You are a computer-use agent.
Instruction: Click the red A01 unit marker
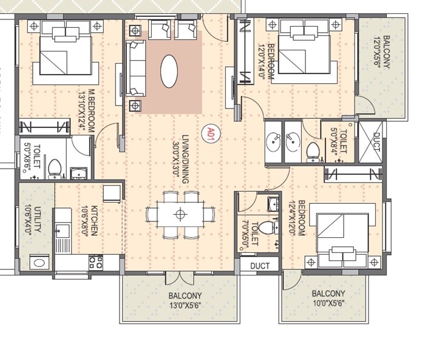point(211,133)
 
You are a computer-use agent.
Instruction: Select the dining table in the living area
point(180,214)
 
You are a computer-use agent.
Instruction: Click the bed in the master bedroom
point(66,53)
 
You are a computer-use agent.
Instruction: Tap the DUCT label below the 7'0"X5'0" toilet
point(259,265)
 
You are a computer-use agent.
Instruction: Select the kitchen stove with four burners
point(96,262)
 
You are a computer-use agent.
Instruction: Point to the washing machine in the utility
point(38,263)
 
